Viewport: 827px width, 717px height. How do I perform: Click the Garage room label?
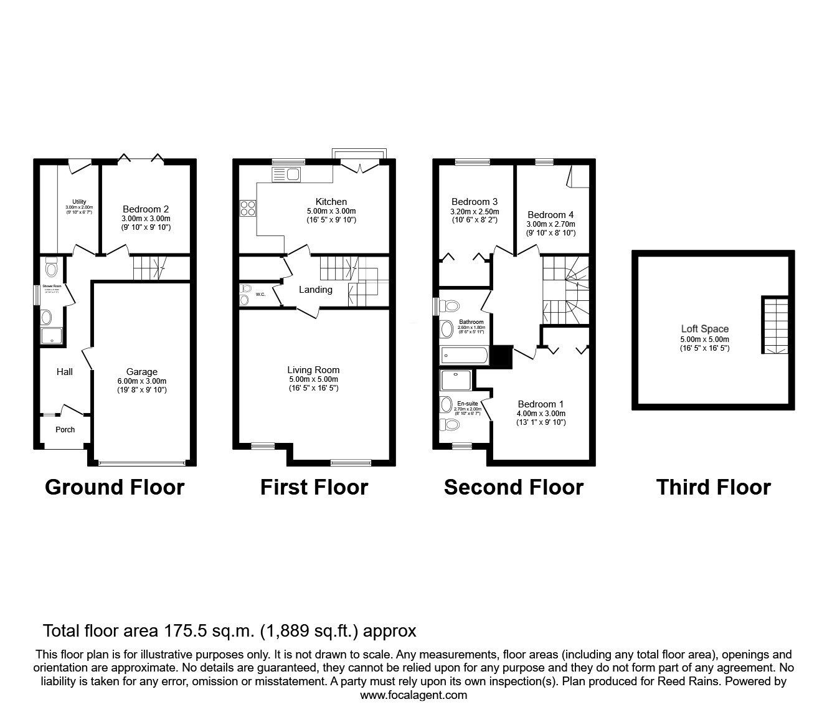click(142, 372)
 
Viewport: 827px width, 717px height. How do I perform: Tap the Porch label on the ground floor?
click(65, 429)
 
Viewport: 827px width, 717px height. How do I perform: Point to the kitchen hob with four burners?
click(248, 207)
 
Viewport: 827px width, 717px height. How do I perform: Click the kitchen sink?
click(286, 174)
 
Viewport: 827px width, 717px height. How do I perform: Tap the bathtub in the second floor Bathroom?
click(464, 355)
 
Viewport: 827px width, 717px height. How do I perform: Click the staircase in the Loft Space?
click(774, 325)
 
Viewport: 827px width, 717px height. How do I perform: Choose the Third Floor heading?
click(713, 487)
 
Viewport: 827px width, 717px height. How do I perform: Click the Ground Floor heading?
click(115, 487)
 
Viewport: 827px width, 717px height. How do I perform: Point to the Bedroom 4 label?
click(546, 214)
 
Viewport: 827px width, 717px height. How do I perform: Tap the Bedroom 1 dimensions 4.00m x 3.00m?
click(541, 414)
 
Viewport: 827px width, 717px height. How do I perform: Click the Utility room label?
click(79, 201)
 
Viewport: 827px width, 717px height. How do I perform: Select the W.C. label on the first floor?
click(260, 294)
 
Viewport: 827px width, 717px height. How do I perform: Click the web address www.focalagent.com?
click(413, 695)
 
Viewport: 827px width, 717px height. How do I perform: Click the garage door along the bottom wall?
click(141, 463)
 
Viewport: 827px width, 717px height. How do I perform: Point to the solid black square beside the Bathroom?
click(501, 356)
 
